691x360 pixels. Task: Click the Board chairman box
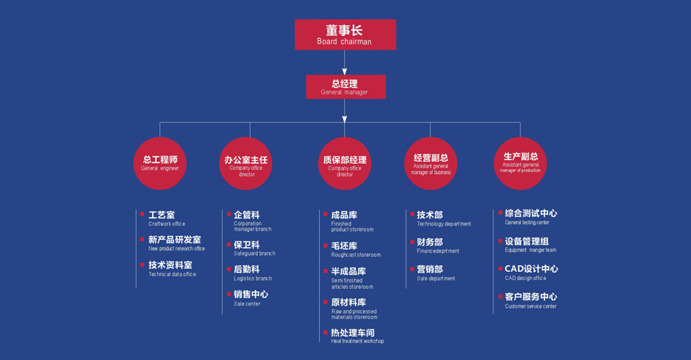pyautogui.click(x=345, y=35)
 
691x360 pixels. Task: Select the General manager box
pyautogui.click(x=346, y=87)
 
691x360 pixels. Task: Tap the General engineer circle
pyautogui.click(x=160, y=164)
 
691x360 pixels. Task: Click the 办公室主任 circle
pyautogui.click(x=246, y=164)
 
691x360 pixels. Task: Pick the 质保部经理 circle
pyautogui.click(x=345, y=164)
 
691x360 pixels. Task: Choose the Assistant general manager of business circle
pyautogui.click(x=431, y=164)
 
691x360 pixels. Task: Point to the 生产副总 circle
pyautogui.click(x=520, y=164)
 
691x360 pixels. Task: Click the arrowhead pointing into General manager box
pyautogui.click(x=345, y=71)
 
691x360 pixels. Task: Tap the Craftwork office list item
pyautogui.click(x=167, y=218)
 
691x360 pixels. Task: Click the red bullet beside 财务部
pyautogui.click(x=412, y=242)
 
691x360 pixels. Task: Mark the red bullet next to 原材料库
pyautogui.click(x=326, y=302)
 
